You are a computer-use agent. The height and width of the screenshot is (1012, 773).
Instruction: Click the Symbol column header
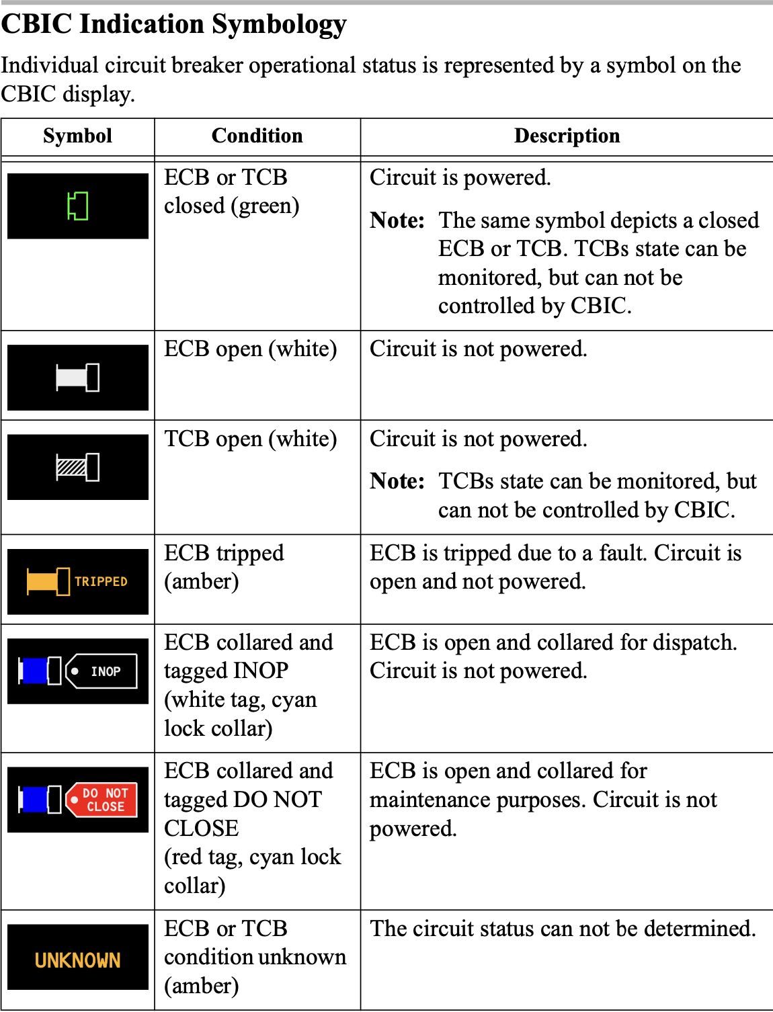[x=77, y=136]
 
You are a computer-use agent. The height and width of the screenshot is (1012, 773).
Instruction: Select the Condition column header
[x=257, y=136]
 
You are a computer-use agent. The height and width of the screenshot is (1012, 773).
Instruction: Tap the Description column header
[x=567, y=136]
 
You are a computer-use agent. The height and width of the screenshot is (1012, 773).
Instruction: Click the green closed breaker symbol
[x=78, y=206]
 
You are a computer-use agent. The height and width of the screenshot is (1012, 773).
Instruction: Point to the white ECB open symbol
[x=78, y=377]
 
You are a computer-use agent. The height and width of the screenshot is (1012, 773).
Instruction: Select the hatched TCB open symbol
[x=78, y=467]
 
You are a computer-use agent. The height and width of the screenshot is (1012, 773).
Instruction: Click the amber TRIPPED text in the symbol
[x=101, y=581]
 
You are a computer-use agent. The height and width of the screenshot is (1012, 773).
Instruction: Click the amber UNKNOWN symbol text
[x=78, y=960]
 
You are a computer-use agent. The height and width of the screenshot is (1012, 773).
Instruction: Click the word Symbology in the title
[x=280, y=24]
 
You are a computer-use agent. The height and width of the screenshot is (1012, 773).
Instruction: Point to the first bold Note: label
[x=397, y=220]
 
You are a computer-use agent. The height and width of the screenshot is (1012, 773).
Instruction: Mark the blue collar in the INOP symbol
[x=34, y=671]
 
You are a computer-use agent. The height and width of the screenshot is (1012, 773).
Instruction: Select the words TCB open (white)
[x=251, y=439]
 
